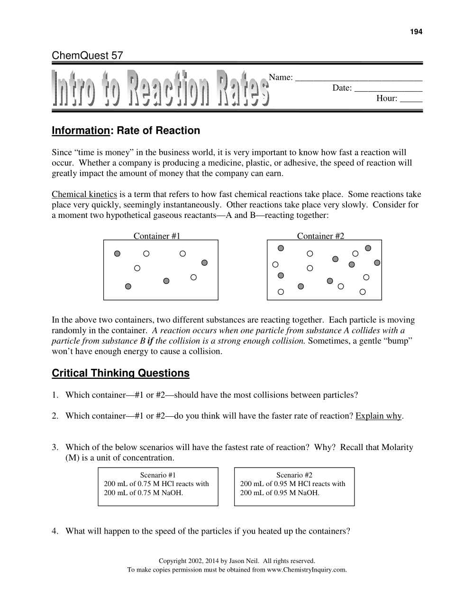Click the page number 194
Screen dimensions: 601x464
click(416, 32)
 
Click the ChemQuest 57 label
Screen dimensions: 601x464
click(87, 56)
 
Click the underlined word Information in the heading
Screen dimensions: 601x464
click(81, 131)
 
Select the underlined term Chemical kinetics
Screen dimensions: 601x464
click(84, 194)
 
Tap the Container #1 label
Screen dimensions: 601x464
click(157, 236)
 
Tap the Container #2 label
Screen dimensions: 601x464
click(320, 236)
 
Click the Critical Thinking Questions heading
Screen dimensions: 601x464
click(120, 373)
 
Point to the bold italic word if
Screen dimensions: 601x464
click(150, 341)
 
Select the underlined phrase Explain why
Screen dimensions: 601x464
click(378, 416)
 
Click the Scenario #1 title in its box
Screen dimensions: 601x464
click(158, 475)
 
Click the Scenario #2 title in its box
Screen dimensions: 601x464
click(294, 475)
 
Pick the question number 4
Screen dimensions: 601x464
click(55, 531)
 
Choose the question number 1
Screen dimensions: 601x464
click(55, 395)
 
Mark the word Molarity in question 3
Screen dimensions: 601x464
click(397, 447)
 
